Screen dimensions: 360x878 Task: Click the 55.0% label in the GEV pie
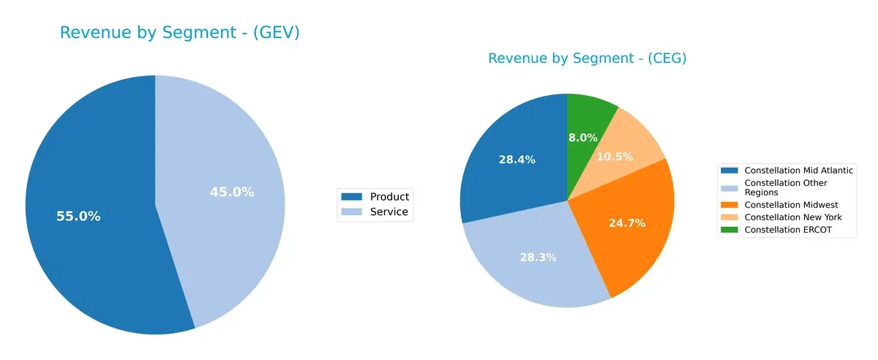(x=78, y=217)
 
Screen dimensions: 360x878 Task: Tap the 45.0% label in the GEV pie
(x=232, y=192)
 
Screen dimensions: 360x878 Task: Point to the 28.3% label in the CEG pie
(x=538, y=258)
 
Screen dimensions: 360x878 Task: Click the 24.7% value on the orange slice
(x=627, y=223)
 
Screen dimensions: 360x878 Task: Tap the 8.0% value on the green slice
(x=583, y=137)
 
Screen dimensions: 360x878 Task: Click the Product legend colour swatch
(x=353, y=197)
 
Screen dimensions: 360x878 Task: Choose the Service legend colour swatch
(x=353, y=213)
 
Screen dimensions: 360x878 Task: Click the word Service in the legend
(x=389, y=213)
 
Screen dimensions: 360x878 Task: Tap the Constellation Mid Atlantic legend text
(x=798, y=170)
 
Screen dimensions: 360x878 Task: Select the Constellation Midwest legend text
(x=791, y=205)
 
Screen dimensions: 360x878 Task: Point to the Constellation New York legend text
(x=792, y=217)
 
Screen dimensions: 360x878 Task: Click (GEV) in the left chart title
(x=272, y=33)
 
